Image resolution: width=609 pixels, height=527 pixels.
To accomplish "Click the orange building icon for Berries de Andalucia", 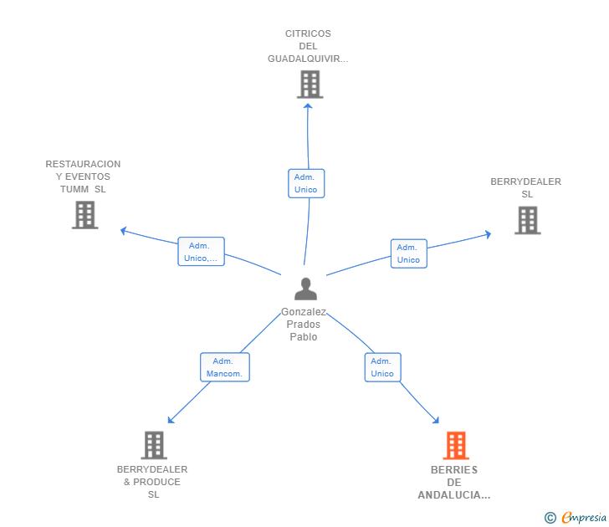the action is pyautogui.click(x=456, y=445).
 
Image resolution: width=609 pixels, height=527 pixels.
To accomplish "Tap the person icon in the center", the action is pyautogui.click(x=305, y=289).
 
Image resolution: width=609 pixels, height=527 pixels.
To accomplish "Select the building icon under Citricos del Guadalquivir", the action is pyautogui.click(x=310, y=84).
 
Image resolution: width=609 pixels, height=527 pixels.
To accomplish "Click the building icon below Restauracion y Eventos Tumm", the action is pyautogui.click(x=85, y=215).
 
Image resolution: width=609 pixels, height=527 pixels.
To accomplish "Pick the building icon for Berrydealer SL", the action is pyautogui.click(x=527, y=220).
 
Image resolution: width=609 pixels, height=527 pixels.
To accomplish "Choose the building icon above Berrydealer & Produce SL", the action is pyautogui.click(x=154, y=445).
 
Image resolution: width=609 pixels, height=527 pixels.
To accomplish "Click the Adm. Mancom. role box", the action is pyautogui.click(x=225, y=367).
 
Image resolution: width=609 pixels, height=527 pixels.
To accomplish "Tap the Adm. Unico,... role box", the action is pyautogui.click(x=201, y=251).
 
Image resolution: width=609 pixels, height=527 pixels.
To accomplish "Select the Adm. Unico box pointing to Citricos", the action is pyautogui.click(x=306, y=183).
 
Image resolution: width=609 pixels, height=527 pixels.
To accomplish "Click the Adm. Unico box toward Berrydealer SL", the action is pyautogui.click(x=408, y=253).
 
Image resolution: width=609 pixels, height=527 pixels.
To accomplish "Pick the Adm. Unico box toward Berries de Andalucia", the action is pyautogui.click(x=382, y=367).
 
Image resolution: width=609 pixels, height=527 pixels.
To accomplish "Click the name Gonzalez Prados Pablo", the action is pyautogui.click(x=304, y=325).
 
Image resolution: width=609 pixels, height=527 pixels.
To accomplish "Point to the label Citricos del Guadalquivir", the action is pyautogui.click(x=308, y=46).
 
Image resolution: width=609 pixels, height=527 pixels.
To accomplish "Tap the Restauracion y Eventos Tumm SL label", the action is pyautogui.click(x=83, y=177).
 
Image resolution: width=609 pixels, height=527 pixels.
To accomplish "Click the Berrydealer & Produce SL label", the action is pyautogui.click(x=152, y=482).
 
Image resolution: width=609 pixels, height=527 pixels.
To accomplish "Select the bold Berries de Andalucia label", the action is pyautogui.click(x=454, y=483).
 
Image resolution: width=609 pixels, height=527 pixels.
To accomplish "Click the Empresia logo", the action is pyautogui.click(x=576, y=517).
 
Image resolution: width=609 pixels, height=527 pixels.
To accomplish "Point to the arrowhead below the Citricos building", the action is pyautogui.click(x=308, y=106).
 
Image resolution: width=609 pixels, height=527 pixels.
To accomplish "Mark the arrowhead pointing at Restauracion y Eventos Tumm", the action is pyautogui.click(x=124, y=231).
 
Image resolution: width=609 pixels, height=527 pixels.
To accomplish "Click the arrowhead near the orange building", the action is pyautogui.click(x=436, y=420).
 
